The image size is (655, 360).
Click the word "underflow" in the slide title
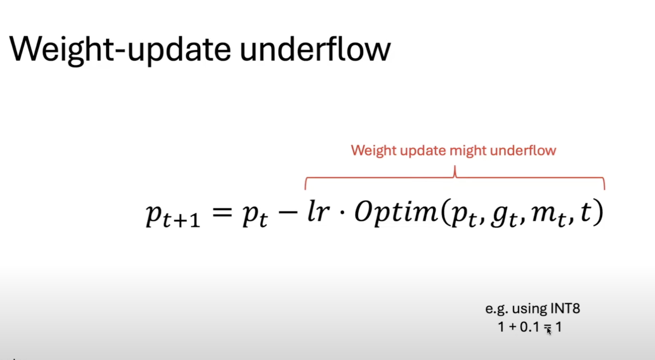coord(315,49)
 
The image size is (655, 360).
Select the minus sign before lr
coord(288,214)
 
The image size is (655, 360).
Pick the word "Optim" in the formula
coord(396,213)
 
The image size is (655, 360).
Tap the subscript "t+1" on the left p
coord(181,220)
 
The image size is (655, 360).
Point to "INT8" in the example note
coord(565,308)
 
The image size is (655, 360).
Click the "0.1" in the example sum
coord(530,327)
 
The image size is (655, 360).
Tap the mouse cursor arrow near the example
coord(549,331)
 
